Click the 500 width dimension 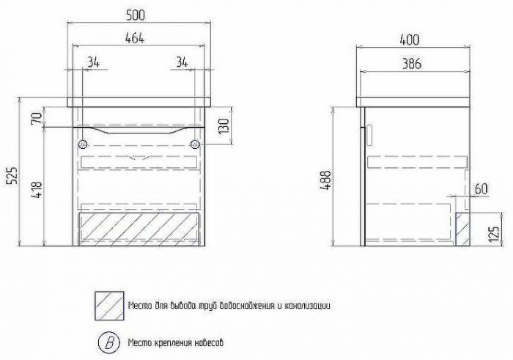[135, 15]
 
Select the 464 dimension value [134, 38]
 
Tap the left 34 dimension [93, 62]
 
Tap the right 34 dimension [182, 62]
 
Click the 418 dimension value [37, 190]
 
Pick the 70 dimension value [37, 118]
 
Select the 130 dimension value [224, 126]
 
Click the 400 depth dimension [409, 40]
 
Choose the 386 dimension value [412, 64]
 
